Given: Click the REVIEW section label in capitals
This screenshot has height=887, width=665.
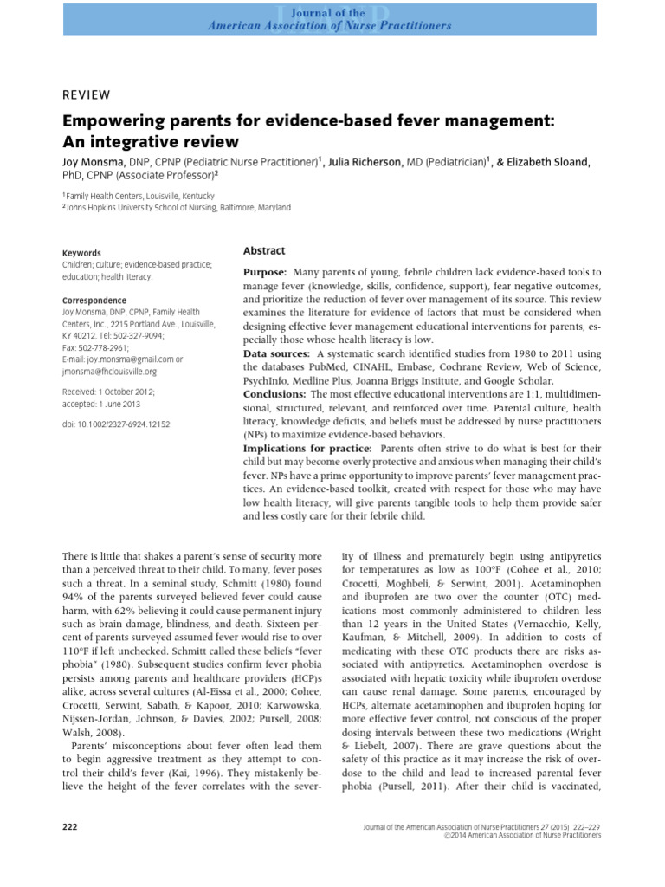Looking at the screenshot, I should (87, 94).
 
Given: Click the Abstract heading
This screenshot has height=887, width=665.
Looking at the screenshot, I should (264, 250).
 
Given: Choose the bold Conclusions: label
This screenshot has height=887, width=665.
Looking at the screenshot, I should (275, 394).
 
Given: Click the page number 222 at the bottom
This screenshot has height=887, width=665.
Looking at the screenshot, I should (70, 827).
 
